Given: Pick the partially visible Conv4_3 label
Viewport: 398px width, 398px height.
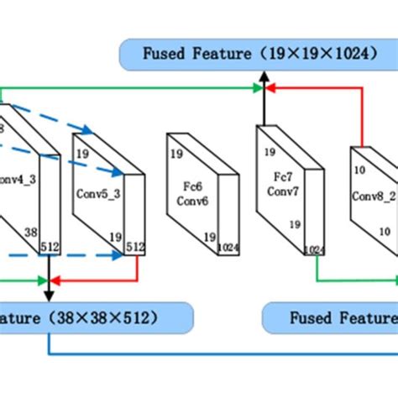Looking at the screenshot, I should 17,178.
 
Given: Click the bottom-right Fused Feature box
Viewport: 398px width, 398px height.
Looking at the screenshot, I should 332,318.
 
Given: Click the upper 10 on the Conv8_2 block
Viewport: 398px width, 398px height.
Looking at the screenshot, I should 359,170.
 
